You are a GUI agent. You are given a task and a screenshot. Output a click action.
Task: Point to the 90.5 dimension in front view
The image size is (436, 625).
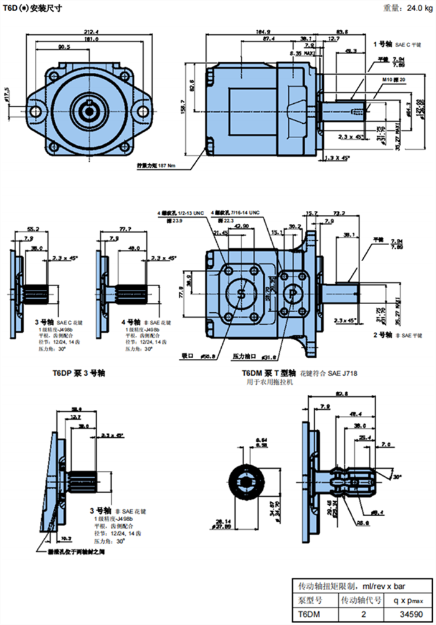coord(64,47)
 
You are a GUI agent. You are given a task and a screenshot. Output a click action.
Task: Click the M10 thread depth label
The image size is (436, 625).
coord(394,80)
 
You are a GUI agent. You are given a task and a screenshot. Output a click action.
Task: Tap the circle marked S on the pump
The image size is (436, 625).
coord(242,294)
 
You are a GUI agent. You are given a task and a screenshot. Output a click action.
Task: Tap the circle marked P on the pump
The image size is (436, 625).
coord(292,294)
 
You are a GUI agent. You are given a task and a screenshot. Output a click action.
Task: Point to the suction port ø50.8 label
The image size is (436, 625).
coord(199,356)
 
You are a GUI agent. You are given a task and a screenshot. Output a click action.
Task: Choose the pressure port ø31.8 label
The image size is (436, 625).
coord(255,357)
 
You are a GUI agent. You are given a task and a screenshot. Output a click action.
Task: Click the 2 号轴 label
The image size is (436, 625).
coord(381,334)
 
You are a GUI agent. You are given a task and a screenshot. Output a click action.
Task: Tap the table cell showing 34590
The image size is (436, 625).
coord(404,615)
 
